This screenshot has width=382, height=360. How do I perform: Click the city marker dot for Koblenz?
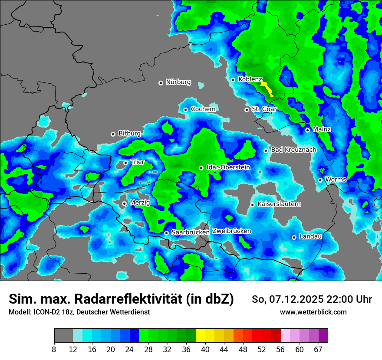click(x=233, y=80)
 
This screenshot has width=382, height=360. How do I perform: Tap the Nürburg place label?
click(x=178, y=82)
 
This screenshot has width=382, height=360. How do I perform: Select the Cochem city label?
click(x=203, y=109)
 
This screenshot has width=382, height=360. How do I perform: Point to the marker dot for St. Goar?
click(x=247, y=110)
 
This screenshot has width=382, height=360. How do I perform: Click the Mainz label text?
click(x=322, y=130)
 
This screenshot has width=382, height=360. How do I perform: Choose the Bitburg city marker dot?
click(x=113, y=134)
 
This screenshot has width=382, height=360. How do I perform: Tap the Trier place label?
click(x=138, y=162)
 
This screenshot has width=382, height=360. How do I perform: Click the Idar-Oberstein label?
click(x=228, y=167)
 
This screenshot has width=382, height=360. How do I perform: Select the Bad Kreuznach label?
click(x=294, y=150)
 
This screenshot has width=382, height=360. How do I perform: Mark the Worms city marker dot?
click(x=320, y=180)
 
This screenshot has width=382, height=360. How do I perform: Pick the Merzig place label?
click(x=140, y=203)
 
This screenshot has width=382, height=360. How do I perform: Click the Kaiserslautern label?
click(x=279, y=204)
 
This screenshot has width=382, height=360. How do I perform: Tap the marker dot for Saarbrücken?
click(x=166, y=233)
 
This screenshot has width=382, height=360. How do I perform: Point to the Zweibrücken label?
click(x=232, y=231)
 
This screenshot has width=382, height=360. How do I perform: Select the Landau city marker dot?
click(x=294, y=237)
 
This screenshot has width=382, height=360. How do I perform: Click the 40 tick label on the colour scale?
click(x=205, y=350)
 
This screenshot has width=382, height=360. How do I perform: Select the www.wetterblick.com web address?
click(x=313, y=312)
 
